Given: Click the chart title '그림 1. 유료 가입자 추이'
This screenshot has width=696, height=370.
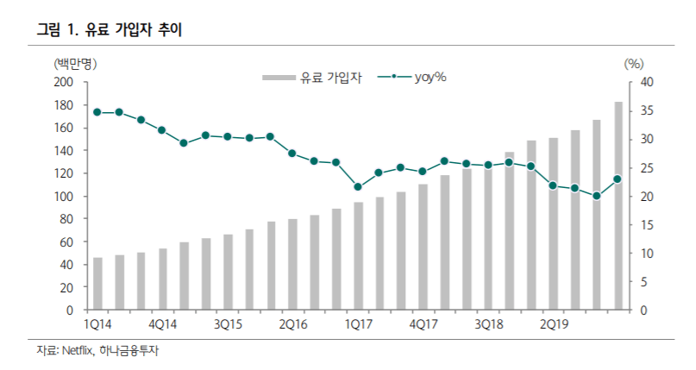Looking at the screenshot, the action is [110, 29].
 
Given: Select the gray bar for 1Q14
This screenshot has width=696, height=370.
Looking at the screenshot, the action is [97, 284].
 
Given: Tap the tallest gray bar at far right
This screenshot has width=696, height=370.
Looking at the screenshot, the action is [618, 206].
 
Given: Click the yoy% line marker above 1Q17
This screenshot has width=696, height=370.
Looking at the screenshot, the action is [358, 187].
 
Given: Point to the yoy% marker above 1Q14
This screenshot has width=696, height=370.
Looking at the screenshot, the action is [97, 112].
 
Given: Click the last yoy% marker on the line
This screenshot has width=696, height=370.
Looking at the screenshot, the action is [618, 179].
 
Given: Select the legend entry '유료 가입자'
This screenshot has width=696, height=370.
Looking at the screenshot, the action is [312, 78].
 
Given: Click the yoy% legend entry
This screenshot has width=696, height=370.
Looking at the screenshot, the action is [412, 78].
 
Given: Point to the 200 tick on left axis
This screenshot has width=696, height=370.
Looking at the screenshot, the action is [64, 82].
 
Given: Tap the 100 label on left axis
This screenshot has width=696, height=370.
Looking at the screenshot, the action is [64, 196].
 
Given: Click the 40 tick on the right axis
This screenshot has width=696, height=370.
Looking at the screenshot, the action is [647, 82].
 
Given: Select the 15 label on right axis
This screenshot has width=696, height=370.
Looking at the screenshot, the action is [647, 225].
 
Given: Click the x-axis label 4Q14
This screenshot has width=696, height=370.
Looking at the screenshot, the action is [162, 325].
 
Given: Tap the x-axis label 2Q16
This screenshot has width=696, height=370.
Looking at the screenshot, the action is [293, 325].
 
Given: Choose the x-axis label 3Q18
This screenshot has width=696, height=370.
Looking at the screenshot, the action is [489, 325].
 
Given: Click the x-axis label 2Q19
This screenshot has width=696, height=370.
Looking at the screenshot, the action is [554, 325].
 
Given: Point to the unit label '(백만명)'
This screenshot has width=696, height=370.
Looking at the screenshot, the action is [75, 64].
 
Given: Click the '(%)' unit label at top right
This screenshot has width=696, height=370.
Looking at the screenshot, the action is [634, 64].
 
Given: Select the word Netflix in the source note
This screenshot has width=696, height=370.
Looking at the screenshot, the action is [78, 351].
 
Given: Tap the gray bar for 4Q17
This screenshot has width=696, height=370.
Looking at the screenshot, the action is [423, 248].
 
